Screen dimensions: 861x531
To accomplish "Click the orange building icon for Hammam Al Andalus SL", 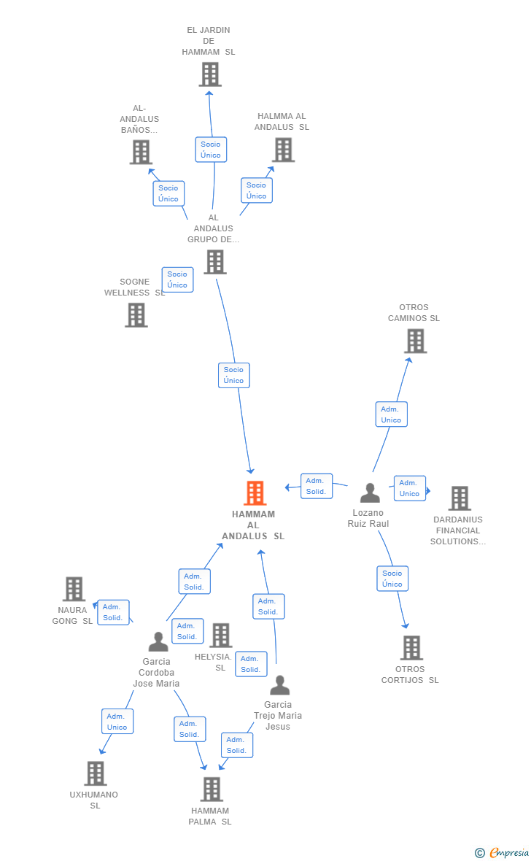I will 255,493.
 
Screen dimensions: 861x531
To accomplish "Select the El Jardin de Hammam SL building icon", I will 210,74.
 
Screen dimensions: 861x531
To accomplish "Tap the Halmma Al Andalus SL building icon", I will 283,150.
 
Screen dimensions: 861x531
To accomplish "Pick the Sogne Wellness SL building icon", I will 136,315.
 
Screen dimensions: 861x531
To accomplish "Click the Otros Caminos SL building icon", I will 415,341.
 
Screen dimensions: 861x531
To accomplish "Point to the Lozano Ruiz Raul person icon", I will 370,493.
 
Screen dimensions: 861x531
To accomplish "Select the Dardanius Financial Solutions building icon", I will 460,498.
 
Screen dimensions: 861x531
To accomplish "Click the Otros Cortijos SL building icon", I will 411,648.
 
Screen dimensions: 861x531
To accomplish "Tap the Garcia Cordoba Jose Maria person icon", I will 158,642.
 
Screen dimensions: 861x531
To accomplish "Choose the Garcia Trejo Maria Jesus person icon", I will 280,685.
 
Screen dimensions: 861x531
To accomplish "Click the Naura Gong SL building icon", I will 74,589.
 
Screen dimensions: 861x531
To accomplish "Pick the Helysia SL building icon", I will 221,636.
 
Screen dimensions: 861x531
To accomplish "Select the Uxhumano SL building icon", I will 96,773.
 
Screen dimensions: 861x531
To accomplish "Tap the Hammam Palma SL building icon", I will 212,789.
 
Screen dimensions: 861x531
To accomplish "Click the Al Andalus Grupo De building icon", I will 215,262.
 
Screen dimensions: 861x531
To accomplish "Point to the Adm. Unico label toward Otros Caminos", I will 391,414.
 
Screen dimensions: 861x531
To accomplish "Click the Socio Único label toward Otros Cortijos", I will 392,579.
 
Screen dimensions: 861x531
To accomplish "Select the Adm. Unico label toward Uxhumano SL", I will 117,722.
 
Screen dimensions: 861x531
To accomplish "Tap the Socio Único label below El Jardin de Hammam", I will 211,150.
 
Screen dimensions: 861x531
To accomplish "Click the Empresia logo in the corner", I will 503,852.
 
